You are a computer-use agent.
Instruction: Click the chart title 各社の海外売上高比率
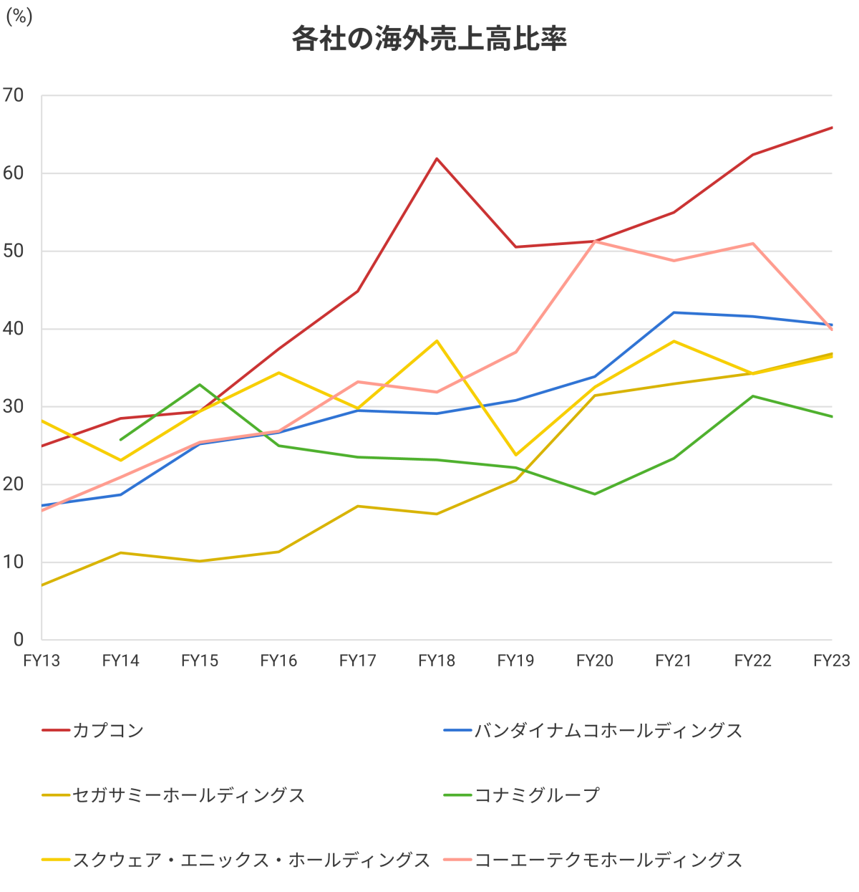click(x=429, y=39)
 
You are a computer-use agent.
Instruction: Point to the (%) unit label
click(x=19, y=16)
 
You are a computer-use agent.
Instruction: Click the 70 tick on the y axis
click(x=14, y=95)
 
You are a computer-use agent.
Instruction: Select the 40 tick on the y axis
click(x=14, y=329)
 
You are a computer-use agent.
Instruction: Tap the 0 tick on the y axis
click(x=19, y=639)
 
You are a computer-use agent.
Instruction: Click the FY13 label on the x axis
click(x=42, y=661)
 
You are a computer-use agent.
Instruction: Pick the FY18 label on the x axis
click(x=437, y=661)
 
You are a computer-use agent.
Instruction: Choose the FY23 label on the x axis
click(x=831, y=661)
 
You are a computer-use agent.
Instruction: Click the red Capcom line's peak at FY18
click(x=437, y=158)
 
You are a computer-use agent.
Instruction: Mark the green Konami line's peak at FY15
click(x=200, y=385)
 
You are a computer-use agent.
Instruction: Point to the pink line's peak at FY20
click(x=595, y=241)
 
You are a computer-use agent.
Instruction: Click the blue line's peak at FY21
click(x=674, y=312)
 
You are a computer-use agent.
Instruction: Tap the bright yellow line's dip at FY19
click(x=515, y=455)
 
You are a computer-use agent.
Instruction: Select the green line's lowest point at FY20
click(x=595, y=494)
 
